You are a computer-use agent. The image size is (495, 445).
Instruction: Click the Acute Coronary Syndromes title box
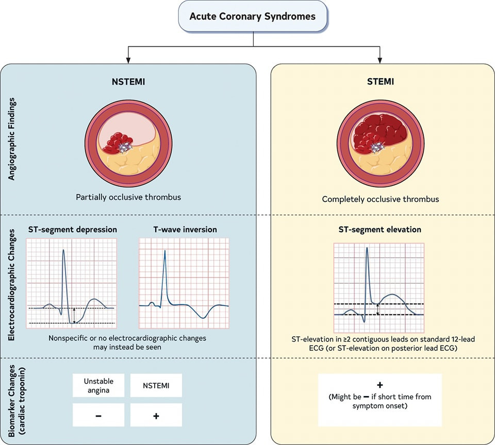[x=252, y=16]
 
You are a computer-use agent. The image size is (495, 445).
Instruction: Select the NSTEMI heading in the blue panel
[x=128, y=81]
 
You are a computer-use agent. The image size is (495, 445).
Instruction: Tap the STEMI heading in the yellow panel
[x=380, y=81]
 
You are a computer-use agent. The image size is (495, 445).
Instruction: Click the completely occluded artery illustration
[x=380, y=140]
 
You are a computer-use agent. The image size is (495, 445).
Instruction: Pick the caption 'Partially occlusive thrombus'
[x=128, y=197]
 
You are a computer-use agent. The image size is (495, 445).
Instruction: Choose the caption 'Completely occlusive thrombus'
[x=380, y=199]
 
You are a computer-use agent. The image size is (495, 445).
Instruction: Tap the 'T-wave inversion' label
[x=185, y=229]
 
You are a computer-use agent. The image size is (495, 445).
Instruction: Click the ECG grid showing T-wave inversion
[x=184, y=283]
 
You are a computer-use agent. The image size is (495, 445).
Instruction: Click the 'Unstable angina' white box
[x=98, y=385]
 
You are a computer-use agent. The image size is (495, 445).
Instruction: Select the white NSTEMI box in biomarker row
[x=156, y=385]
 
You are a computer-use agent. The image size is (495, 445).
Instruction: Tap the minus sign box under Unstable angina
[x=98, y=415]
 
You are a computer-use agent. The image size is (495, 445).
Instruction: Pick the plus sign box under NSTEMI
[x=156, y=415]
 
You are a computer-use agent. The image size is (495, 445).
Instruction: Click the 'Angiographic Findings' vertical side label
[x=11, y=140]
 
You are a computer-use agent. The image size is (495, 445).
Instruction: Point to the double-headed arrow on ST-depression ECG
[x=74, y=315]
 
